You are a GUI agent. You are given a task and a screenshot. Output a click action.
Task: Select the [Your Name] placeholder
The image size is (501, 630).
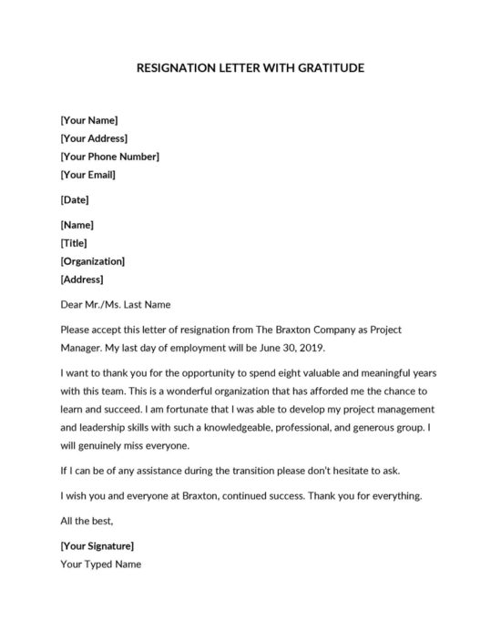(88, 120)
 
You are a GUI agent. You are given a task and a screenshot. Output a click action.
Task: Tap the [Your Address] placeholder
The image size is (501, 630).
(93, 138)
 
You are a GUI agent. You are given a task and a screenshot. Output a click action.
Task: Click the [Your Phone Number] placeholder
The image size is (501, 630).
(109, 157)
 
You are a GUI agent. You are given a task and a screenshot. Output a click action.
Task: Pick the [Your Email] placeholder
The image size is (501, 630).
(87, 174)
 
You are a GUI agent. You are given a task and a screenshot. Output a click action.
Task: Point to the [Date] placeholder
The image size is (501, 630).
(75, 199)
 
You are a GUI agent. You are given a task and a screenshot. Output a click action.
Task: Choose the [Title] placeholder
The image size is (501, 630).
(75, 243)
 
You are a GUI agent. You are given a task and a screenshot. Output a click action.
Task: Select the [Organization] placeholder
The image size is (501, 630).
(92, 261)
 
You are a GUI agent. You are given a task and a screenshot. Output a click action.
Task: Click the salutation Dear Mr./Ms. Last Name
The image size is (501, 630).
(115, 304)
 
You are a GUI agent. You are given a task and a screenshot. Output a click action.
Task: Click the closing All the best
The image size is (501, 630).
(87, 521)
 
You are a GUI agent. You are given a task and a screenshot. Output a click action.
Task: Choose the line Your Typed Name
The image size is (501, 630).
(100, 564)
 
